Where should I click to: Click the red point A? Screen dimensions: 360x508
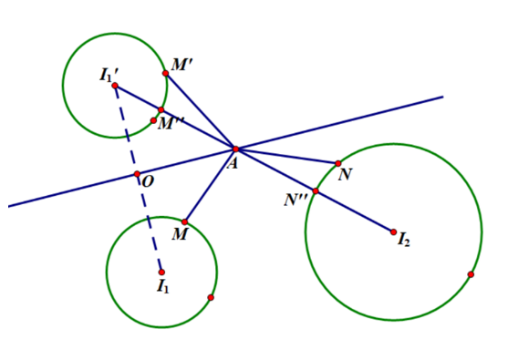(x=235, y=149)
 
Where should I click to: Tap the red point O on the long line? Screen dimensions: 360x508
(x=137, y=174)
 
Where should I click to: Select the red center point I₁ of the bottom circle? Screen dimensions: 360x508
(x=161, y=272)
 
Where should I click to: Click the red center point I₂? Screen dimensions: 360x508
(x=394, y=231)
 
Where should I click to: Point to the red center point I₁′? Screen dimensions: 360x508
(x=115, y=86)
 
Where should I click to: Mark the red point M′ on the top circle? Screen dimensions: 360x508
(x=165, y=73)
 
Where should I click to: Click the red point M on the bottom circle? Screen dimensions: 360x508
(x=184, y=221)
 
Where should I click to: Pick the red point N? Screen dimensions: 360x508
(x=338, y=163)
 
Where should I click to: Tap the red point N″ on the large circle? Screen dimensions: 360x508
(x=316, y=190)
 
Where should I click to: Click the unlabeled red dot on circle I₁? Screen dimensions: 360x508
(x=211, y=297)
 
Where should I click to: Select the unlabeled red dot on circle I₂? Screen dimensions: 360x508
(x=471, y=274)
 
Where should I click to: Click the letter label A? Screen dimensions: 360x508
(x=233, y=163)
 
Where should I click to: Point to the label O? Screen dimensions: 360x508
(x=147, y=182)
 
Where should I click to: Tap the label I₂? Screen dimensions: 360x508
(x=404, y=242)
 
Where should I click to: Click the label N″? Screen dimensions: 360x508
(x=295, y=200)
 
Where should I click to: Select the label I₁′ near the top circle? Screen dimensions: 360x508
(x=109, y=74)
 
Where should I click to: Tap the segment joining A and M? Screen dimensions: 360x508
(x=211, y=184)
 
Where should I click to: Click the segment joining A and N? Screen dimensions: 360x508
(x=287, y=156)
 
